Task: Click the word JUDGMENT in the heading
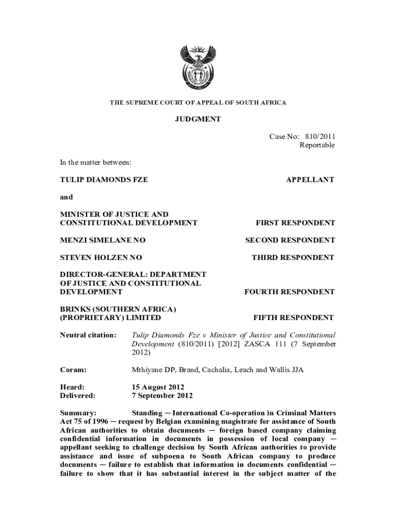(198, 119)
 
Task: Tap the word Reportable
(317, 145)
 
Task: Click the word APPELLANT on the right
(310, 180)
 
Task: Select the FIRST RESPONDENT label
(295, 223)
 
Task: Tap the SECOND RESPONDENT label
(290, 240)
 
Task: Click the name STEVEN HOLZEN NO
(101, 257)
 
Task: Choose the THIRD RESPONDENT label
(293, 257)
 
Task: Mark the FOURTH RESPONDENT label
(289, 292)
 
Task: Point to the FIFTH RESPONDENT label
(294, 318)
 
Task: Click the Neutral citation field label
(88, 335)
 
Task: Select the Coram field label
(73, 370)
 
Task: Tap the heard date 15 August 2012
(158, 387)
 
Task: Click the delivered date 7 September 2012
(163, 396)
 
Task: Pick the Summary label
(78, 413)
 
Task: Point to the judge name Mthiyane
(148, 370)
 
